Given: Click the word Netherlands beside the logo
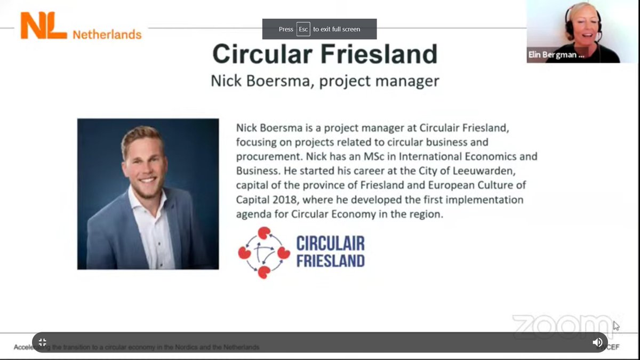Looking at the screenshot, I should pyautogui.click(x=107, y=35).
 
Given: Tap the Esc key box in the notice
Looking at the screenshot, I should pyautogui.click(x=303, y=29).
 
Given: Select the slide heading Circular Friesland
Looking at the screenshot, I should pyautogui.click(x=325, y=54).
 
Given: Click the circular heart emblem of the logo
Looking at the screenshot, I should pyautogui.click(x=263, y=253).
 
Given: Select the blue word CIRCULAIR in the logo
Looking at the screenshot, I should pyautogui.click(x=331, y=244).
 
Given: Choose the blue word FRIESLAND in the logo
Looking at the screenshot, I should pyautogui.click(x=331, y=261).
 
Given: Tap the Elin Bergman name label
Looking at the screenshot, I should pyautogui.click(x=555, y=55).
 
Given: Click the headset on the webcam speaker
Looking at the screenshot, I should pyautogui.click(x=597, y=24).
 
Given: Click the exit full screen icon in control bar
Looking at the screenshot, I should pyautogui.click(x=43, y=342).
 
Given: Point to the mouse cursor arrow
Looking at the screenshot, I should pyautogui.click(x=616, y=325).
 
